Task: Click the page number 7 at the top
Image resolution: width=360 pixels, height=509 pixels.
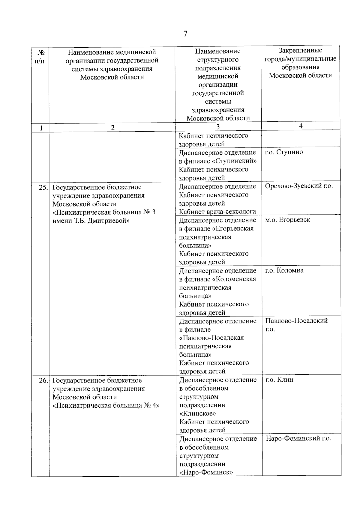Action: point(185,34)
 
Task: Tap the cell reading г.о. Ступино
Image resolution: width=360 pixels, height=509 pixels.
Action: point(284,152)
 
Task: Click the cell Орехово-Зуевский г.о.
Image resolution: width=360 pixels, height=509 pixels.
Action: point(299,186)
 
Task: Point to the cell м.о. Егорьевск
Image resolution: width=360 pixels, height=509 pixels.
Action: point(287,220)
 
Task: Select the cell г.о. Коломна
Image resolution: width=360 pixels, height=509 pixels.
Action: point(284,270)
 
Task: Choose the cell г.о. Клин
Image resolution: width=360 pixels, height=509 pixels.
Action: point(279,380)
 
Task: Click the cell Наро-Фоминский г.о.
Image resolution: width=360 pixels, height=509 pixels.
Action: point(298,439)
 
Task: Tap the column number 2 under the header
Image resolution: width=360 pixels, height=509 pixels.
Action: point(112,128)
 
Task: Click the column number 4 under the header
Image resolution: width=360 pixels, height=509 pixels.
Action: point(301,126)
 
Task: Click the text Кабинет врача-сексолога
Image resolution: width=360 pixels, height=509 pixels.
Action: point(217,212)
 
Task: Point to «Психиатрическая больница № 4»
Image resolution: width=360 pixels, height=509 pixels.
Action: point(106,406)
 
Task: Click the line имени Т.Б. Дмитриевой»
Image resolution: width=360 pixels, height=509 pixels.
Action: point(91,221)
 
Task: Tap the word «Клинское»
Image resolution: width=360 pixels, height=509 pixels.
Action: point(198,414)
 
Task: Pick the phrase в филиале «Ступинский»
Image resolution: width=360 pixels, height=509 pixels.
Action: point(217,161)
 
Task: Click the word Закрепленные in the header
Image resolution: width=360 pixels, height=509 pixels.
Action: point(300,50)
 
